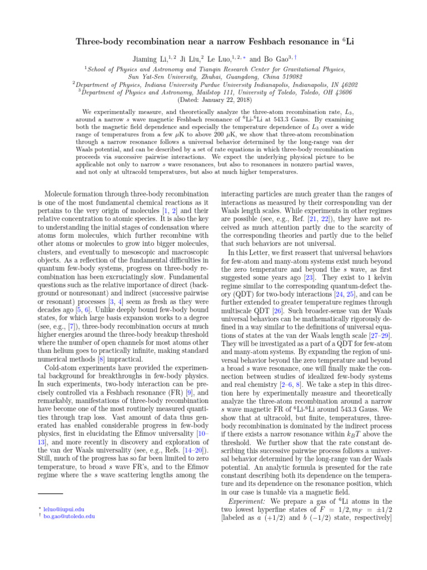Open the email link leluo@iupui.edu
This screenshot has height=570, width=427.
coord(64,509)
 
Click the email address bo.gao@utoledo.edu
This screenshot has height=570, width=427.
coord(69,517)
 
